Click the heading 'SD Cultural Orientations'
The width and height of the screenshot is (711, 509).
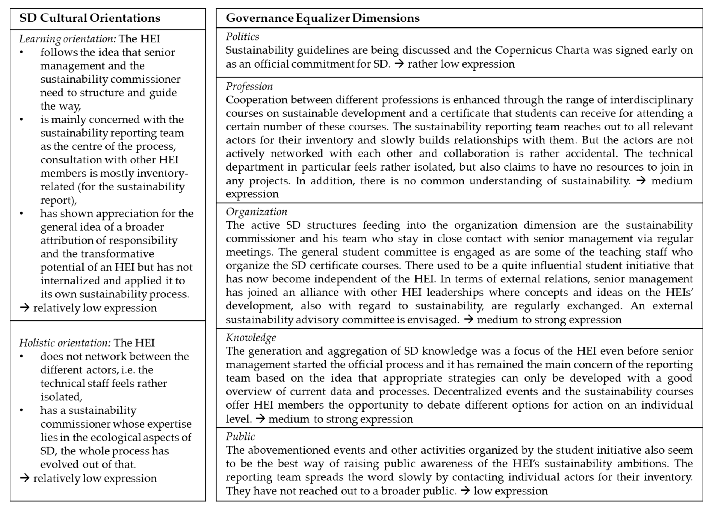click(90, 18)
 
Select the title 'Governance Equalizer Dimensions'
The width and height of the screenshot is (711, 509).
click(323, 18)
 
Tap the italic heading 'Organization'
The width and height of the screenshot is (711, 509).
click(256, 212)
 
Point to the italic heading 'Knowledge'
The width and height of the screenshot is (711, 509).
click(251, 338)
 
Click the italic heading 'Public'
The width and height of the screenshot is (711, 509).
click(240, 437)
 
